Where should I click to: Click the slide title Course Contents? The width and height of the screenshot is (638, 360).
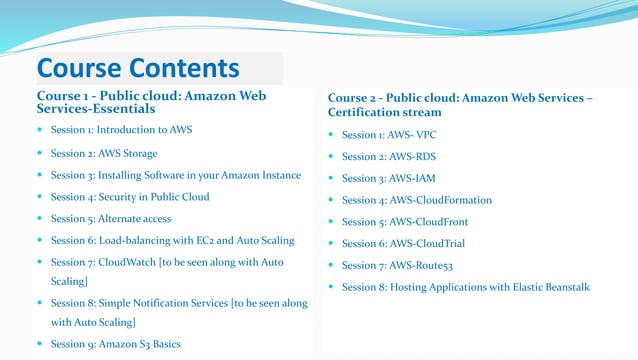(138, 68)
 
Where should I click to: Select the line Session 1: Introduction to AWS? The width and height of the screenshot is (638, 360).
(121, 130)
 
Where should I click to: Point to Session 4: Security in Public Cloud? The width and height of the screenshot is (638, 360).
(129, 197)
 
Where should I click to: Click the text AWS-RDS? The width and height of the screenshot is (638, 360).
(413, 156)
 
